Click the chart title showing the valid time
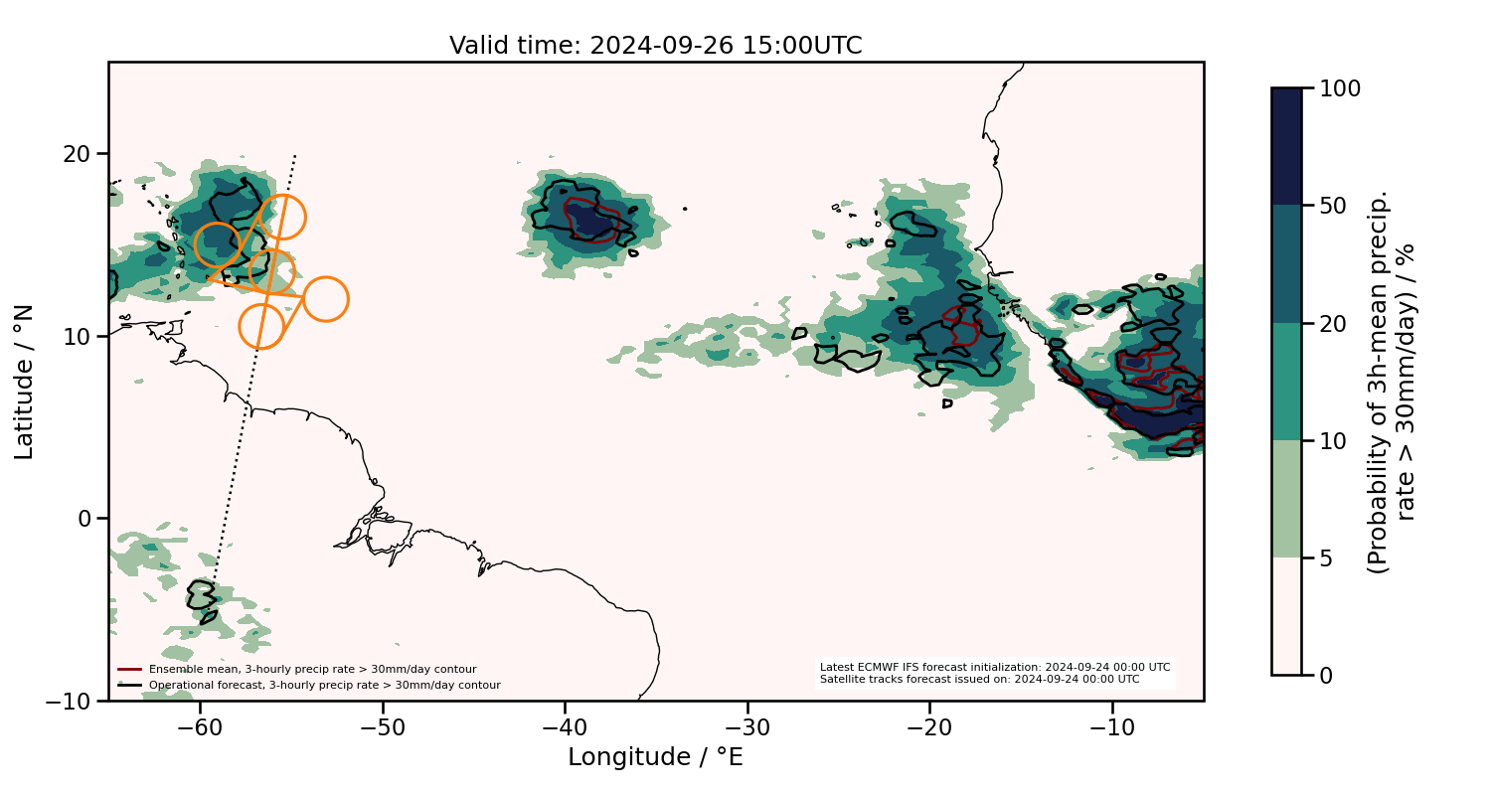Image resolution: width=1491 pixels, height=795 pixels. click(x=655, y=46)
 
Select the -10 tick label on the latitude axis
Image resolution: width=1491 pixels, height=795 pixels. click(x=70, y=701)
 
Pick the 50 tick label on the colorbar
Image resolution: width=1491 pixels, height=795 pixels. click(x=1338, y=206)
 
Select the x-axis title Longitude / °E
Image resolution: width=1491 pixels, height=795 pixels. click(x=655, y=757)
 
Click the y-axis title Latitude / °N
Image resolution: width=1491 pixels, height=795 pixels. click(x=25, y=382)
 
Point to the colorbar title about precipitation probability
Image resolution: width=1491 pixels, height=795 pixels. click(x=1392, y=382)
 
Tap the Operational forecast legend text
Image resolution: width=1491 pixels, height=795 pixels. click(x=324, y=685)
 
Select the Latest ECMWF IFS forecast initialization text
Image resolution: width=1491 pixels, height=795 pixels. click(x=994, y=667)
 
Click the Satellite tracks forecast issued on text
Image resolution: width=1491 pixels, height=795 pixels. click(x=979, y=680)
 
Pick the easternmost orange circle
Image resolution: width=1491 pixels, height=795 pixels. click(x=325, y=298)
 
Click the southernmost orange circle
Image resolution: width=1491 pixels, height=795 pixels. click(x=261, y=327)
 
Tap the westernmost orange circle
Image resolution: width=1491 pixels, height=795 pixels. click(x=217, y=243)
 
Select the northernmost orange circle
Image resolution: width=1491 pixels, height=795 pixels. click(x=282, y=218)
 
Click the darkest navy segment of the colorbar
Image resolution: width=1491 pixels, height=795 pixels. click(x=1286, y=146)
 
